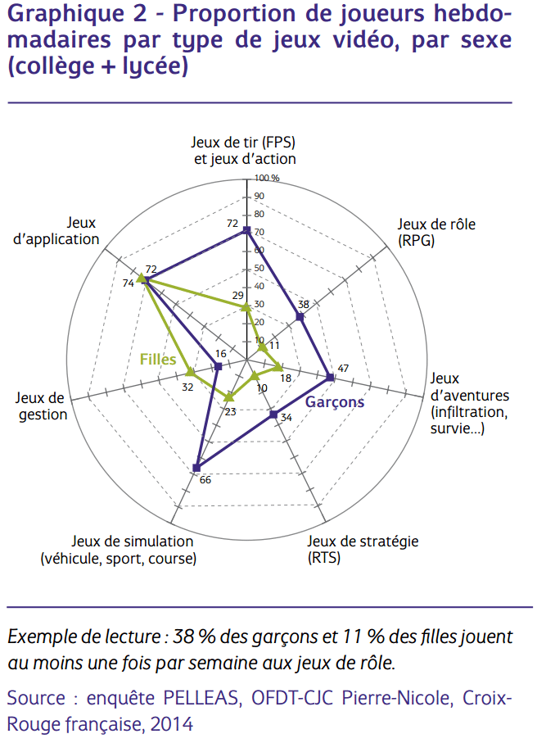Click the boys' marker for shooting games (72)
click(246, 230)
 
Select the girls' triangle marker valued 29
click(246, 307)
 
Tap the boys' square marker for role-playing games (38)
click(300, 317)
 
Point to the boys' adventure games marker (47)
click(330, 378)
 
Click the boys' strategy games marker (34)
click(273, 413)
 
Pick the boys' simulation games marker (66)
click(196, 468)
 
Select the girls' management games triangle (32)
click(190, 371)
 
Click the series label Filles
click(158, 359)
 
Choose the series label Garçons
click(335, 402)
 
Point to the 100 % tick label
click(267, 178)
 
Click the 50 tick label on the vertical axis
click(259, 269)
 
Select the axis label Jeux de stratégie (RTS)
click(363, 550)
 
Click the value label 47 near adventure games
click(343, 368)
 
